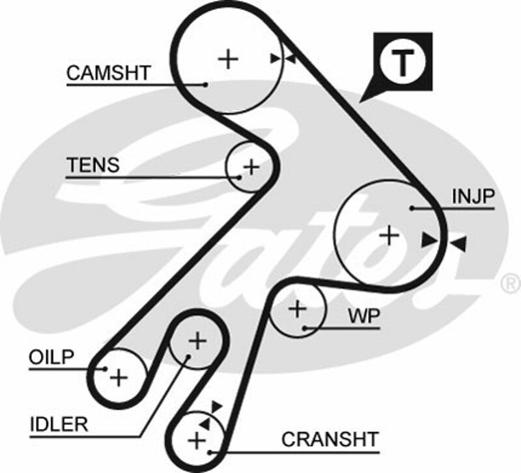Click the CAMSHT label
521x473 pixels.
pyautogui.click(x=108, y=73)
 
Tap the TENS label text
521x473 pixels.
pyautogui.click(x=93, y=165)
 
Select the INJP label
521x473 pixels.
pyautogui.click(x=473, y=196)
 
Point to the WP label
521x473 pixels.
pyautogui.click(x=364, y=317)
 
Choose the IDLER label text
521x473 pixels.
pyautogui.click(x=59, y=425)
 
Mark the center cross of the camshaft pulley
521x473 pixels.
pyautogui.click(x=228, y=59)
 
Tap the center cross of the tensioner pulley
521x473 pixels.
pyautogui.click(x=251, y=167)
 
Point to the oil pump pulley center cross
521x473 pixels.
pyautogui.click(x=118, y=377)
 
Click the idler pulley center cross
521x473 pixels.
pyautogui.click(x=197, y=340)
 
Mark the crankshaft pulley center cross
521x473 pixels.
pyautogui.click(x=196, y=440)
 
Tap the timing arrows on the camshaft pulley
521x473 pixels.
pyautogui.click(x=283, y=59)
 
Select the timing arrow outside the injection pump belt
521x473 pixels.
pyautogui.click(x=458, y=244)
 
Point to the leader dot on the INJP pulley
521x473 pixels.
pyautogui.click(x=413, y=208)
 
